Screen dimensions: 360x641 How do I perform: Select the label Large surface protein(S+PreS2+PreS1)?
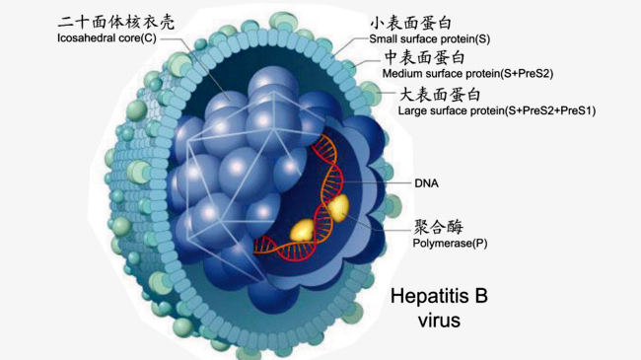[x=496, y=111]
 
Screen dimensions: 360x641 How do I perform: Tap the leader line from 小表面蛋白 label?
[x=351, y=37]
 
